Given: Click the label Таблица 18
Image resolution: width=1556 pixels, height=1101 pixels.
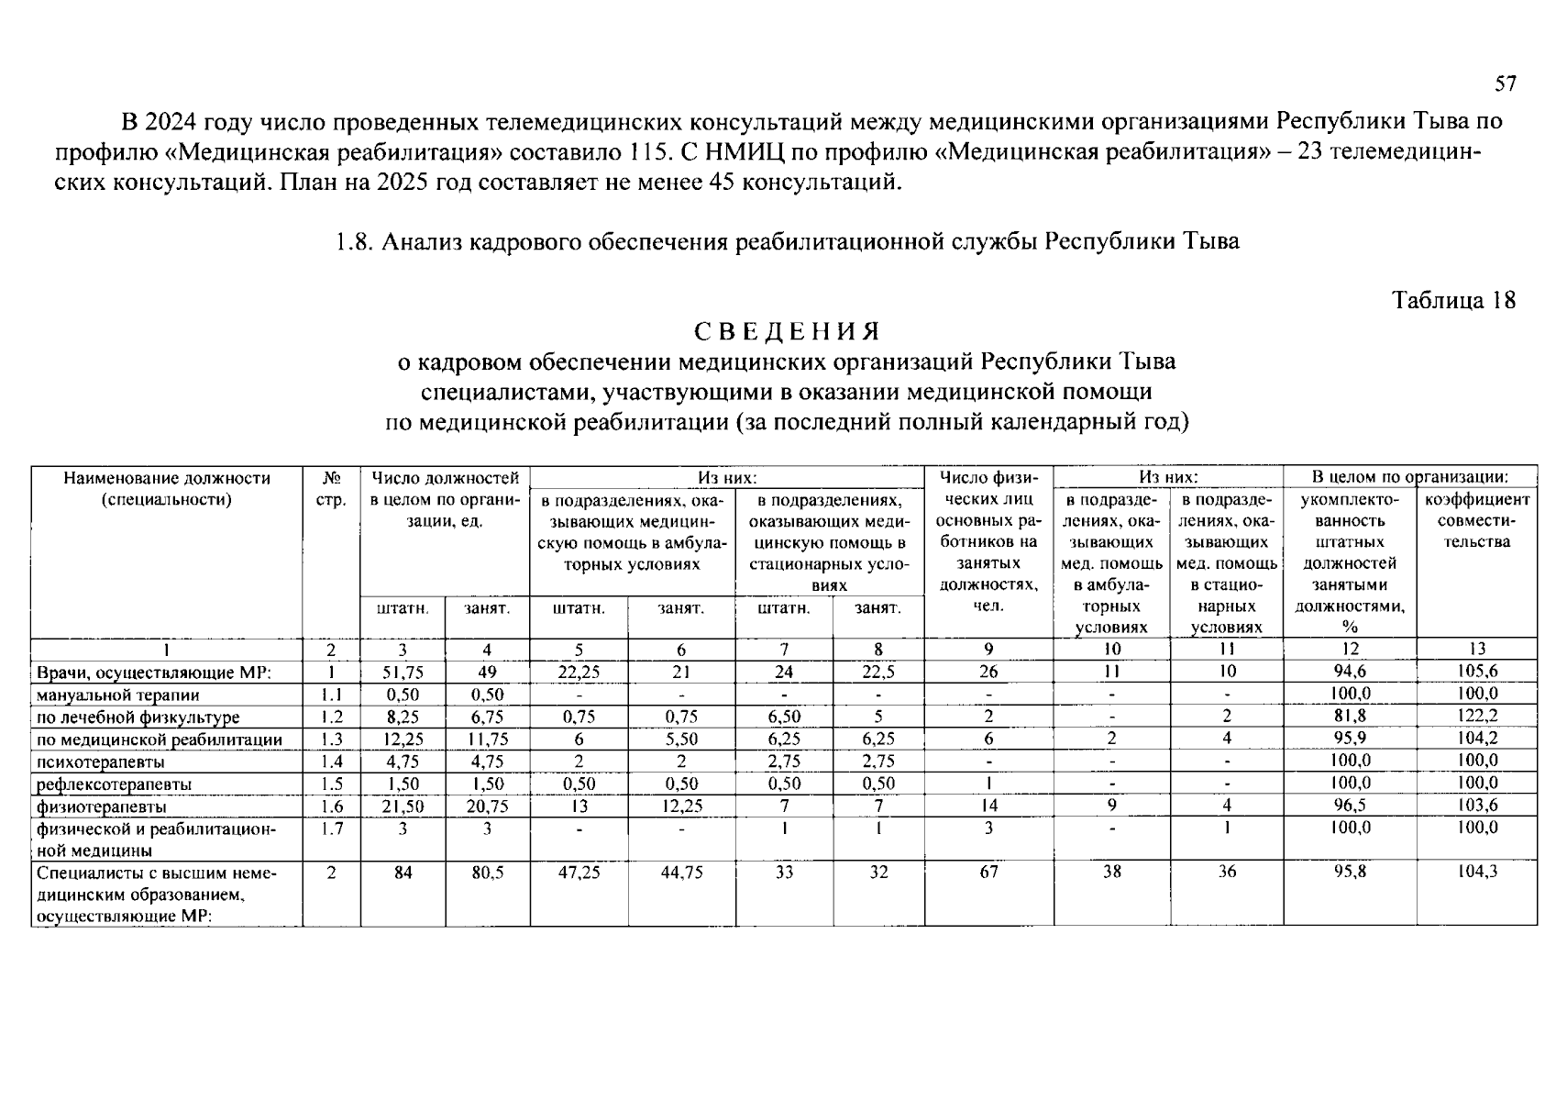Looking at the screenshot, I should coord(1453,300).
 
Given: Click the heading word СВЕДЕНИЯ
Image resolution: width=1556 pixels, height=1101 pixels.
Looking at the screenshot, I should coord(786,331).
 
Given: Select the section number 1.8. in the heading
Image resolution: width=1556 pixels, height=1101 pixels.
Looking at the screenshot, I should coord(353,242).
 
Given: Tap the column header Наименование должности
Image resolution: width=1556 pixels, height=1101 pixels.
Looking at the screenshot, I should coord(167,478).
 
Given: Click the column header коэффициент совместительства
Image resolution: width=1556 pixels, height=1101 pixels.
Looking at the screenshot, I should coord(1476,520).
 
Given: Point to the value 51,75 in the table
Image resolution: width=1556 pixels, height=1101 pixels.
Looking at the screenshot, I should coord(403,672).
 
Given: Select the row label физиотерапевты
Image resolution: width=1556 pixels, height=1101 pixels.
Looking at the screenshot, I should coord(102,807).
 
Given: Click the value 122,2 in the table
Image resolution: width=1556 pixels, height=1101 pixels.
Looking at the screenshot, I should coord(1476,717).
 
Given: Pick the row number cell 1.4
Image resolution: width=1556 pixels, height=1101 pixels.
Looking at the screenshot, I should coord(331,762).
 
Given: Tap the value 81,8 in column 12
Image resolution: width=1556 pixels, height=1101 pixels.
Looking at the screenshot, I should coord(1350,717).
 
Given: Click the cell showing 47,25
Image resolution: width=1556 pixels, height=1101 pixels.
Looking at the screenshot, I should coord(579,873).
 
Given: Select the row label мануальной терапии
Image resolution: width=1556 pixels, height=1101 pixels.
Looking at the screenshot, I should coord(117,695).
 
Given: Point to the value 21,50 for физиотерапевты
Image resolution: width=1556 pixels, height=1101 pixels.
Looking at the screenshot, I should coord(403,807).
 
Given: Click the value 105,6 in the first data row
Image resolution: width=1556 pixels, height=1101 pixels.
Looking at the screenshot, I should coord(1476,672).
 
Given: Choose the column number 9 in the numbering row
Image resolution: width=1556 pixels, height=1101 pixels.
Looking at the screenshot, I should coord(988,650).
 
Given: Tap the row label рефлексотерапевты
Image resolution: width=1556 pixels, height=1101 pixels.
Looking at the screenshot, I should coord(114,784).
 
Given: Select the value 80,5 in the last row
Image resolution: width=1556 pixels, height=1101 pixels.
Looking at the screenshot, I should coord(487,873).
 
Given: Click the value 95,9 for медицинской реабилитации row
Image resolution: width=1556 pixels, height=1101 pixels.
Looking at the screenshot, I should coord(1350,739).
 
